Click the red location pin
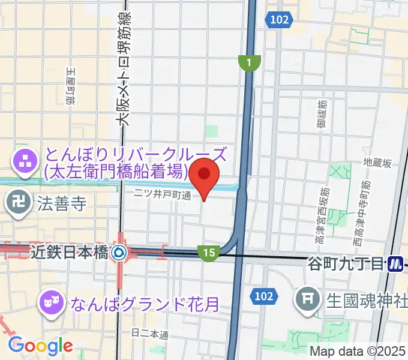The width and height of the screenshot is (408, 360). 205,176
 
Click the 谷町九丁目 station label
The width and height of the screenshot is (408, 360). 346,263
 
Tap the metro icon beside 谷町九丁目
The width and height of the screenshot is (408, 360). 395,263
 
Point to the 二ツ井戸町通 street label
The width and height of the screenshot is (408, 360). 162,194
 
